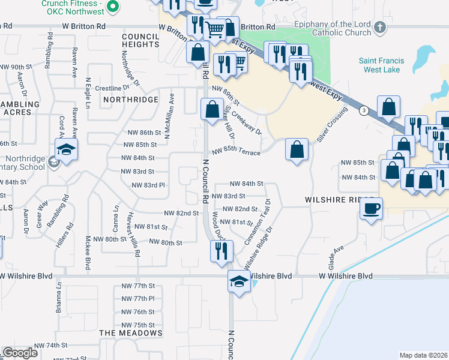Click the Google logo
click(x=20, y=353)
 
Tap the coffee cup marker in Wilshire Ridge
click(x=371, y=209)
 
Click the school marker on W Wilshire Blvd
click(x=239, y=281)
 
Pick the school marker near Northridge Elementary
click(x=67, y=150)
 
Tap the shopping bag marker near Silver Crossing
click(x=297, y=150)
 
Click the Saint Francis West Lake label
click(x=381, y=65)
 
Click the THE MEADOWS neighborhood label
click(x=131, y=332)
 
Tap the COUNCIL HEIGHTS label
click(x=140, y=41)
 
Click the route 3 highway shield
click(x=363, y=110)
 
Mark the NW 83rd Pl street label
click(x=143, y=185)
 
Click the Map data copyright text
click(x=423, y=355)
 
